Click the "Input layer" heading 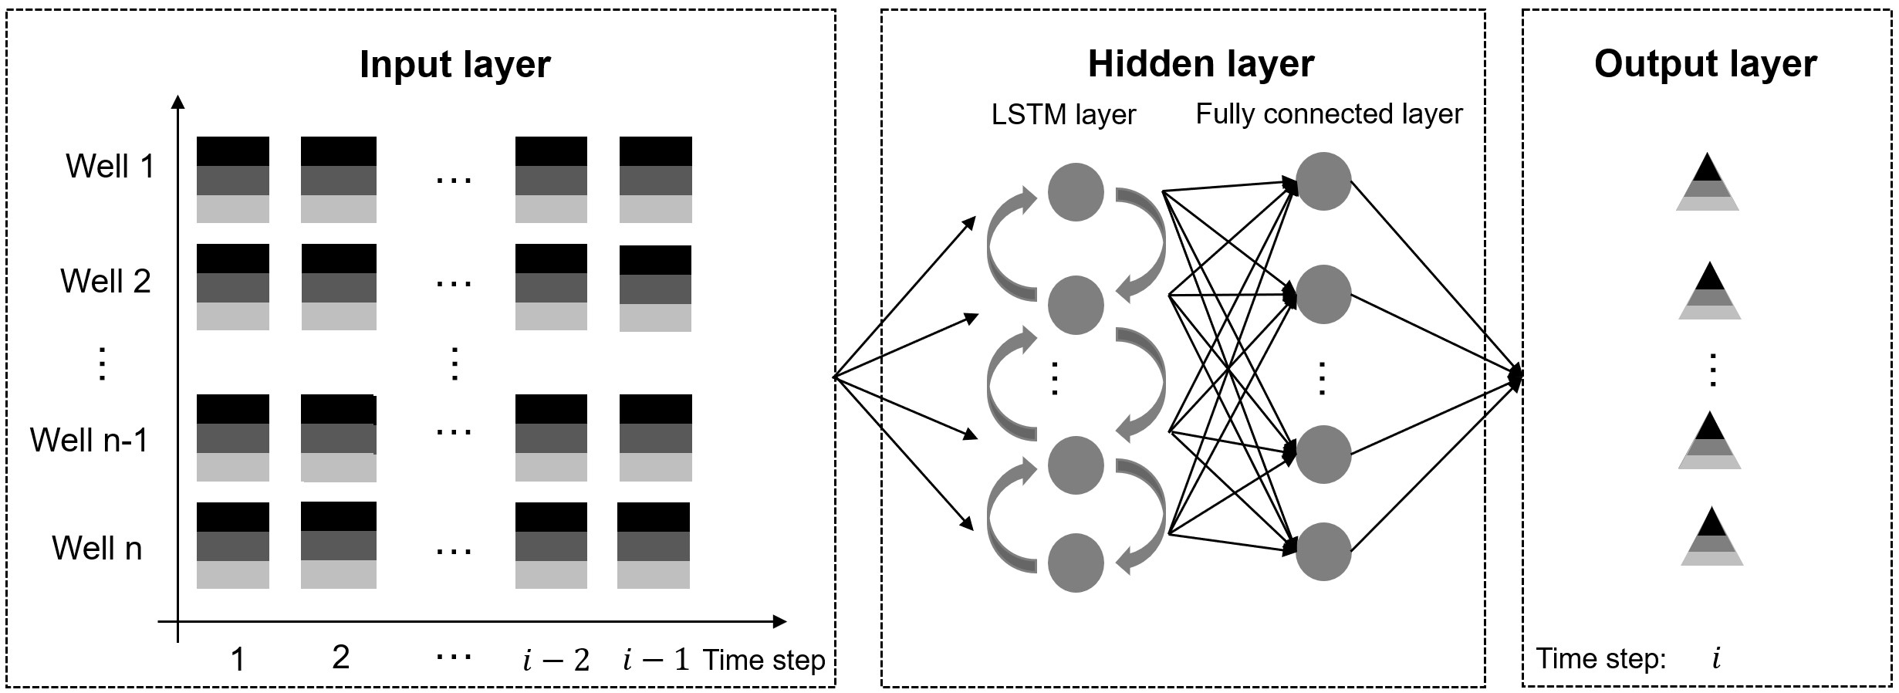[x=455, y=65]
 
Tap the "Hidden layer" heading [x=1201, y=64]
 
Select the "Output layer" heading [x=1705, y=64]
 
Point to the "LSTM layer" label [x=1063, y=115]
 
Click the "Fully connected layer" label [x=1329, y=114]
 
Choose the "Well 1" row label [x=110, y=166]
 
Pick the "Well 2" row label [x=106, y=281]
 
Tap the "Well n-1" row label [x=89, y=440]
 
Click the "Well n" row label [x=97, y=548]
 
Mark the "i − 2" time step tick [x=556, y=660]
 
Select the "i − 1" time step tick [x=656, y=660]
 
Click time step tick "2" [x=340, y=658]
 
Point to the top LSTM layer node [x=1076, y=192]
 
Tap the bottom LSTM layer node [x=1076, y=563]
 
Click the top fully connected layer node [x=1323, y=181]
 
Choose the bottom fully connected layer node [x=1323, y=552]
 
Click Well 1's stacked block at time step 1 [x=233, y=180]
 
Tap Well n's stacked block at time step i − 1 [x=654, y=546]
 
